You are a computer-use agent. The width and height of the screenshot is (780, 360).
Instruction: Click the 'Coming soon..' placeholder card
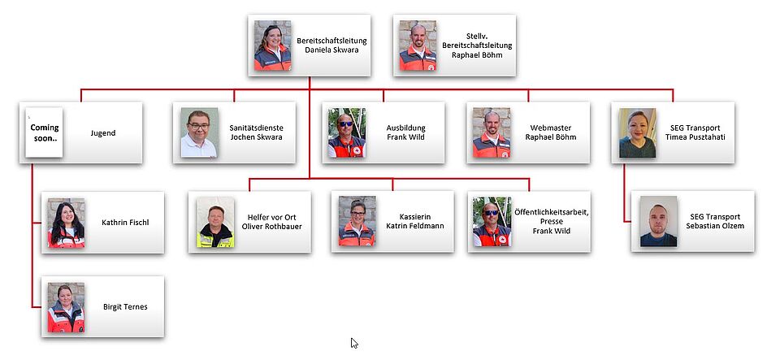click(x=44, y=132)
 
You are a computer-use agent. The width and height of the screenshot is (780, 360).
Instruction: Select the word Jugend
click(x=103, y=133)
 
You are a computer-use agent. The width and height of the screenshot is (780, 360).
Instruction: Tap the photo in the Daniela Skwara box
click(x=273, y=46)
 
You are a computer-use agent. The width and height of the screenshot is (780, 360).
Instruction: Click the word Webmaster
click(x=551, y=128)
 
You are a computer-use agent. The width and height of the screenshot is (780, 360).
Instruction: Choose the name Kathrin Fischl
click(x=125, y=223)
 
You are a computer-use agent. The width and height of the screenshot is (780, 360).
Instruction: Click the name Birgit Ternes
click(x=125, y=307)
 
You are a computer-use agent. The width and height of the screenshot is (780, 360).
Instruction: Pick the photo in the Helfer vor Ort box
click(x=215, y=223)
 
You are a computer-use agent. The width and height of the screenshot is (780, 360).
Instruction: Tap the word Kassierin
click(x=415, y=217)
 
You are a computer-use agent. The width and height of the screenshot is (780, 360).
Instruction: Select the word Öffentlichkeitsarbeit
click(x=552, y=213)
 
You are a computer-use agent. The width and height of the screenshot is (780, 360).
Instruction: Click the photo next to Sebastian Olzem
click(x=659, y=221)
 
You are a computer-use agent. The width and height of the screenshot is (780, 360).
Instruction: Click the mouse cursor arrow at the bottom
click(x=354, y=343)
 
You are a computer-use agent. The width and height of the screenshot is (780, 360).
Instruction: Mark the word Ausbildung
click(x=406, y=128)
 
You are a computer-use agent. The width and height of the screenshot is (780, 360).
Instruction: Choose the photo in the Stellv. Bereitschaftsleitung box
click(x=418, y=46)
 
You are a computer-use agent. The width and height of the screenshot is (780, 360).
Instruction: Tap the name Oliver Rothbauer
click(x=271, y=226)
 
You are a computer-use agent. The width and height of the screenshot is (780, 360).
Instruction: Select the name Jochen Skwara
click(x=256, y=137)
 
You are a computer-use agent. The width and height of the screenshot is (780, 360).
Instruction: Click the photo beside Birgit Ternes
click(x=66, y=307)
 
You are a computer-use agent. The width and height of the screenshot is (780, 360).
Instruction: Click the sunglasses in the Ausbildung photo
click(x=346, y=124)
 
